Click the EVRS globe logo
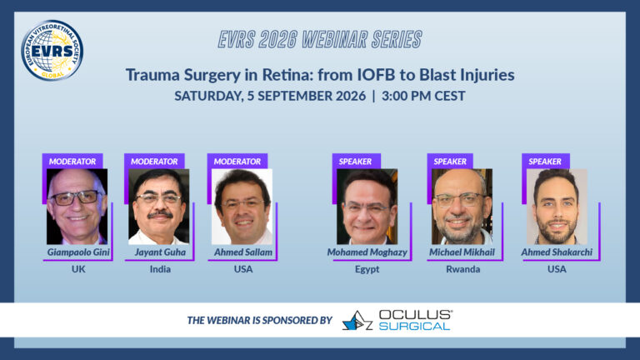coord(52,50)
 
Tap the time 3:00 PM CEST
coord(423,96)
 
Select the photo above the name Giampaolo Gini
coord(77,207)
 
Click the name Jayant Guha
coord(160,252)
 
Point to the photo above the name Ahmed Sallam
coord(242,207)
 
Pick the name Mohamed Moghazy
coord(367,252)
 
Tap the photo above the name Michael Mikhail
coord(462,207)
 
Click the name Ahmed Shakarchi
coord(557,252)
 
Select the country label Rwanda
coord(462,269)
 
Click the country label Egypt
coord(367,269)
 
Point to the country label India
coord(160,269)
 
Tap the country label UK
coord(78,269)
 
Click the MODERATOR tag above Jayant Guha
coord(154,161)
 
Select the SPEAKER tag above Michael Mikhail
coord(450,161)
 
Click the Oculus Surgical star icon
coord(357,320)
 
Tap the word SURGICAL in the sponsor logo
coord(414,326)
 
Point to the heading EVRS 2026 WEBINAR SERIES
coord(320,40)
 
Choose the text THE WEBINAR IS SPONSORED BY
coord(260,320)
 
